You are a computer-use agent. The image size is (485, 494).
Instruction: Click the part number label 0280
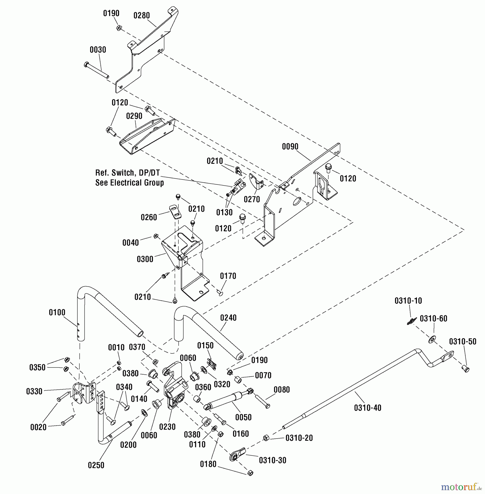pos(142,16)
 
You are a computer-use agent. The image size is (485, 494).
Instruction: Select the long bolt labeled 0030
pos(97,70)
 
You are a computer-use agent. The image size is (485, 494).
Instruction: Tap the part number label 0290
pos(134,116)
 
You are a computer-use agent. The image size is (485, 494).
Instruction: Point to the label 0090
pos(290,147)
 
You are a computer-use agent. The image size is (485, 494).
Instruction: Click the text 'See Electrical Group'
pos(130,183)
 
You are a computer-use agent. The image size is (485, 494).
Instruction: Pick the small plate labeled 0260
pos(175,212)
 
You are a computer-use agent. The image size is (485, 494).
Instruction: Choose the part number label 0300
pos(145,259)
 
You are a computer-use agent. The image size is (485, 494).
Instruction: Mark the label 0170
pos(228,276)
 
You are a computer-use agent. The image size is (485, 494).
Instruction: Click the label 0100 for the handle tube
pos(57,313)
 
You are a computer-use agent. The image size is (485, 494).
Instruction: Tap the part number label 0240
pos(228,318)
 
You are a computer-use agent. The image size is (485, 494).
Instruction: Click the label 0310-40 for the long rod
pos(368,408)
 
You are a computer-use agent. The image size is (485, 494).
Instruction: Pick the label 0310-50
pos(462,342)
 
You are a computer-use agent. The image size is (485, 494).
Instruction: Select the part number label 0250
pos(96,465)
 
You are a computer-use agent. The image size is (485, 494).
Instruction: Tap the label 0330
pos(34,391)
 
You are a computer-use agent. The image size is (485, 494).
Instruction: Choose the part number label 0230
pos(167,427)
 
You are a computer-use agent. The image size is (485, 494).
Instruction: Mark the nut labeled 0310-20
pos(266,438)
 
